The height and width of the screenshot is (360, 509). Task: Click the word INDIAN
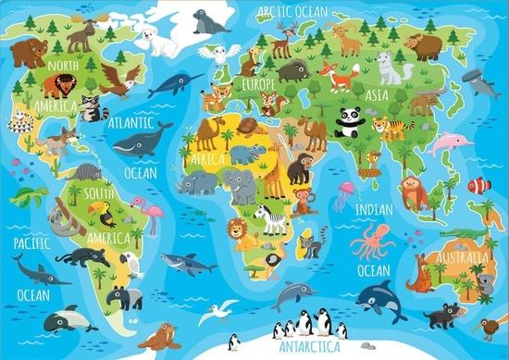point(373,209)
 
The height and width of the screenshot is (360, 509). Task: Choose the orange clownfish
point(479,185)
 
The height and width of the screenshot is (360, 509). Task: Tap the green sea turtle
point(28,195)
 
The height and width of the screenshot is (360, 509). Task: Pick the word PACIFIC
point(31,242)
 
